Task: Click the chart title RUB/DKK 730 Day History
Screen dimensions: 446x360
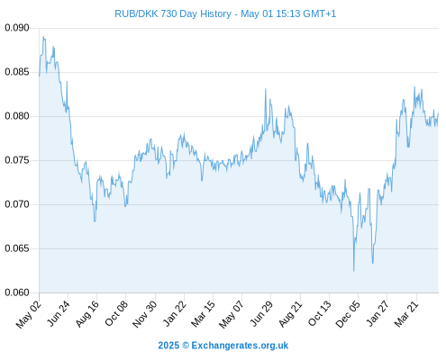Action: (173, 13)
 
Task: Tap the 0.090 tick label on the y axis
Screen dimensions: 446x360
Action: (17, 28)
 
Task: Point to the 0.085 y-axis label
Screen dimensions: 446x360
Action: (17, 72)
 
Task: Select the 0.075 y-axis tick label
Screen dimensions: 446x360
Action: (17, 160)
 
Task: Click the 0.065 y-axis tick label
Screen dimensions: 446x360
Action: (17, 248)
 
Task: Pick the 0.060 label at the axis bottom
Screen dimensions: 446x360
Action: (17, 292)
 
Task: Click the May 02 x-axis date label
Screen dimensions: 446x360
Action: (29, 314)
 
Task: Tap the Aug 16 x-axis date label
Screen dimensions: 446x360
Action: (86, 313)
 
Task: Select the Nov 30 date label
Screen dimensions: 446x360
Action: (144, 314)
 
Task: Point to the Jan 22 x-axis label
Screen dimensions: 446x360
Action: (175, 313)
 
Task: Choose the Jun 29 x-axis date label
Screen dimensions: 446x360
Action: (261, 313)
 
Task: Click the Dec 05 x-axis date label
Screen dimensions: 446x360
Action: (348, 314)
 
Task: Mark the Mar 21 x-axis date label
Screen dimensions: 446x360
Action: (406, 313)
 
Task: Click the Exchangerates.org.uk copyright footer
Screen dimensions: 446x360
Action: (223, 346)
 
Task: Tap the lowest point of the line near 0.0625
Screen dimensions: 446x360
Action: (354, 271)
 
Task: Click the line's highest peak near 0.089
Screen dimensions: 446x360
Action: (43, 37)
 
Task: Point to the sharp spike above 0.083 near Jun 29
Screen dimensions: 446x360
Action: (266, 89)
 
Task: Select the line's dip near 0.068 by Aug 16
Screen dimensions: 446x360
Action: (95, 221)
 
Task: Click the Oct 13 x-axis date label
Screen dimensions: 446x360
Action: (320, 313)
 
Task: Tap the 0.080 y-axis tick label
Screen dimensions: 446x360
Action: (17, 116)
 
